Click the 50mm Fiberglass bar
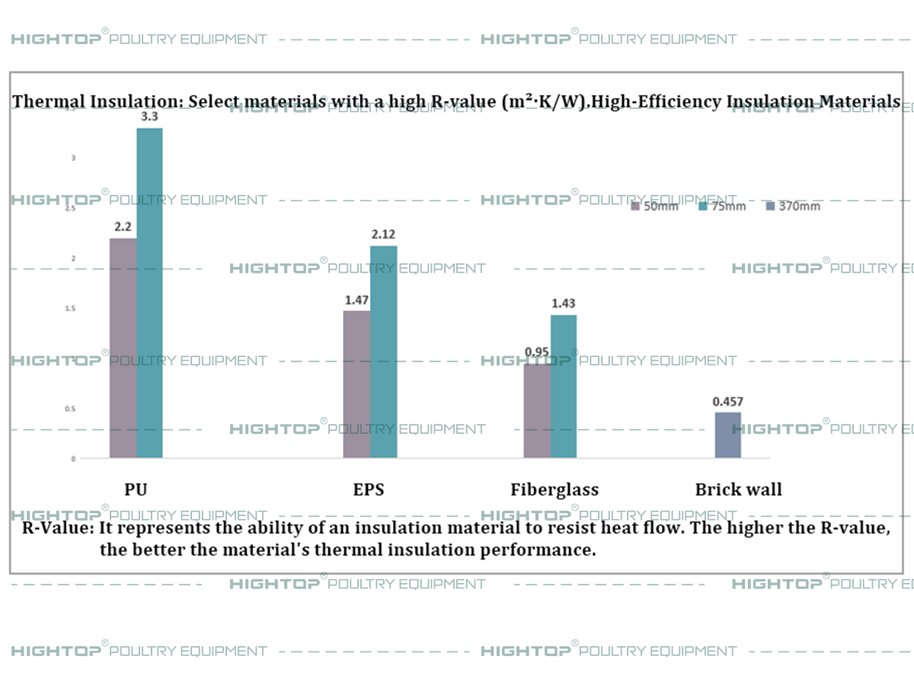point(537,411)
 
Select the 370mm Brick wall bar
point(727,435)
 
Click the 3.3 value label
point(150,117)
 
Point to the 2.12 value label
point(382,234)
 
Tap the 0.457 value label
point(727,401)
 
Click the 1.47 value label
point(356,300)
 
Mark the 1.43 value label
point(563,303)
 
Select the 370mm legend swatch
point(769,206)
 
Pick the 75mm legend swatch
point(703,206)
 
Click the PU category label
point(136,489)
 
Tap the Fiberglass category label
point(554,489)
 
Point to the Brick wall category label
point(738,489)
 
